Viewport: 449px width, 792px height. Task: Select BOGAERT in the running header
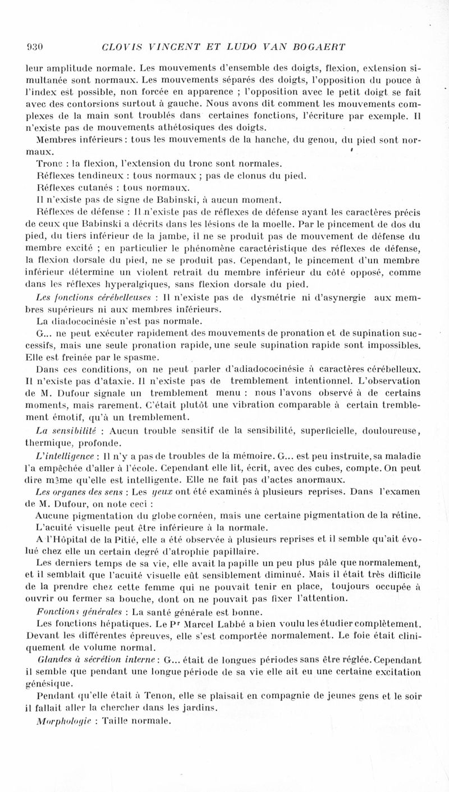click(x=320, y=46)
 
